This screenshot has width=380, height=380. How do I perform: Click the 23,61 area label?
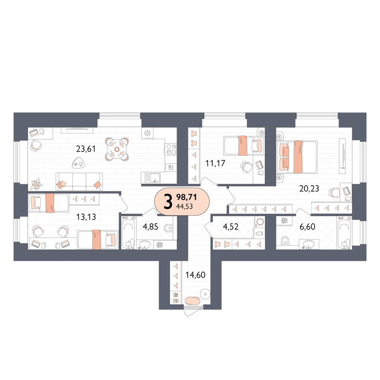(86, 149)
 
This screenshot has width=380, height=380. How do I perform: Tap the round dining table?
(117, 149)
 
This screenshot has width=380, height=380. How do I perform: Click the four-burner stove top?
(171, 149)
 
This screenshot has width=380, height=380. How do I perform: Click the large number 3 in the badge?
(168, 201)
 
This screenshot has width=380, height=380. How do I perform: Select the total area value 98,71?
(186, 197)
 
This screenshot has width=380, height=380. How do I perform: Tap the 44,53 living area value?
(184, 207)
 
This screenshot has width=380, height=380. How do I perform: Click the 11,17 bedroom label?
(215, 163)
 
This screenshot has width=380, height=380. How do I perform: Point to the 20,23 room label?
(309, 188)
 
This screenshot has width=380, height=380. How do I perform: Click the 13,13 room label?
(86, 217)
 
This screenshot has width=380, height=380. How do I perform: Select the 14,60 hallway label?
(195, 275)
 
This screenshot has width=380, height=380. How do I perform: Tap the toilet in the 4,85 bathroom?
(168, 228)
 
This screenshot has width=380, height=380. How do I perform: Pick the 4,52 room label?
(230, 227)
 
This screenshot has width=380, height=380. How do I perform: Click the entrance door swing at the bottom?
(193, 311)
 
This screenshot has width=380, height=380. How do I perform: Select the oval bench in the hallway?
(192, 301)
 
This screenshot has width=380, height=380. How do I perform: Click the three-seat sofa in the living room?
(79, 181)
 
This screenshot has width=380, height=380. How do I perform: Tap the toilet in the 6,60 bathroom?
(285, 241)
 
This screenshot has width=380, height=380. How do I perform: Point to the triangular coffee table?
(78, 163)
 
